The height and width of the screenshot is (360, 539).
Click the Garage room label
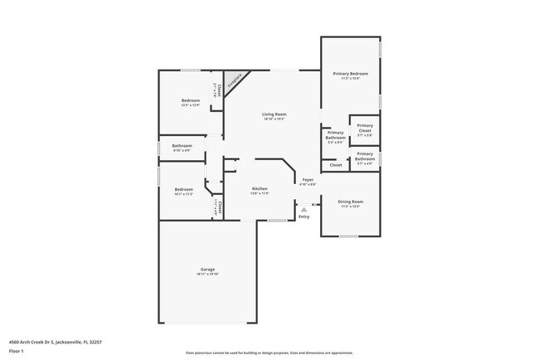coord(208,270)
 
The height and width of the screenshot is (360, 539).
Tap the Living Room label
coord(274,114)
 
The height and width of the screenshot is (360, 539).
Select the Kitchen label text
coord(260,188)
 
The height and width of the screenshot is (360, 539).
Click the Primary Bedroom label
coord(351,74)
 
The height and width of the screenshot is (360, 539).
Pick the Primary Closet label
coord(365,126)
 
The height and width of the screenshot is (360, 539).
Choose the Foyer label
coord(308,179)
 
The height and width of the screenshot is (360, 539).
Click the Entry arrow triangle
coord(304,211)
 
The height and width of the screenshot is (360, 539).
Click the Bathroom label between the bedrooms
coord(182,146)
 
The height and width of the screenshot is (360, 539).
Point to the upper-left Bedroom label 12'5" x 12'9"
coord(191,100)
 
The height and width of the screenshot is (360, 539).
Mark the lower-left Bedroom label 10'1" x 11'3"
coord(183,189)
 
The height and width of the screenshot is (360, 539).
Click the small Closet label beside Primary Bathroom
coord(336,165)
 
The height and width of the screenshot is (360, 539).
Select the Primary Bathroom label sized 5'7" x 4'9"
coord(365,155)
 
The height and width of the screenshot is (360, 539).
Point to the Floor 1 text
coord(17,351)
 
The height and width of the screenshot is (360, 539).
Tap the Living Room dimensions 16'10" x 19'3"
coord(274,119)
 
